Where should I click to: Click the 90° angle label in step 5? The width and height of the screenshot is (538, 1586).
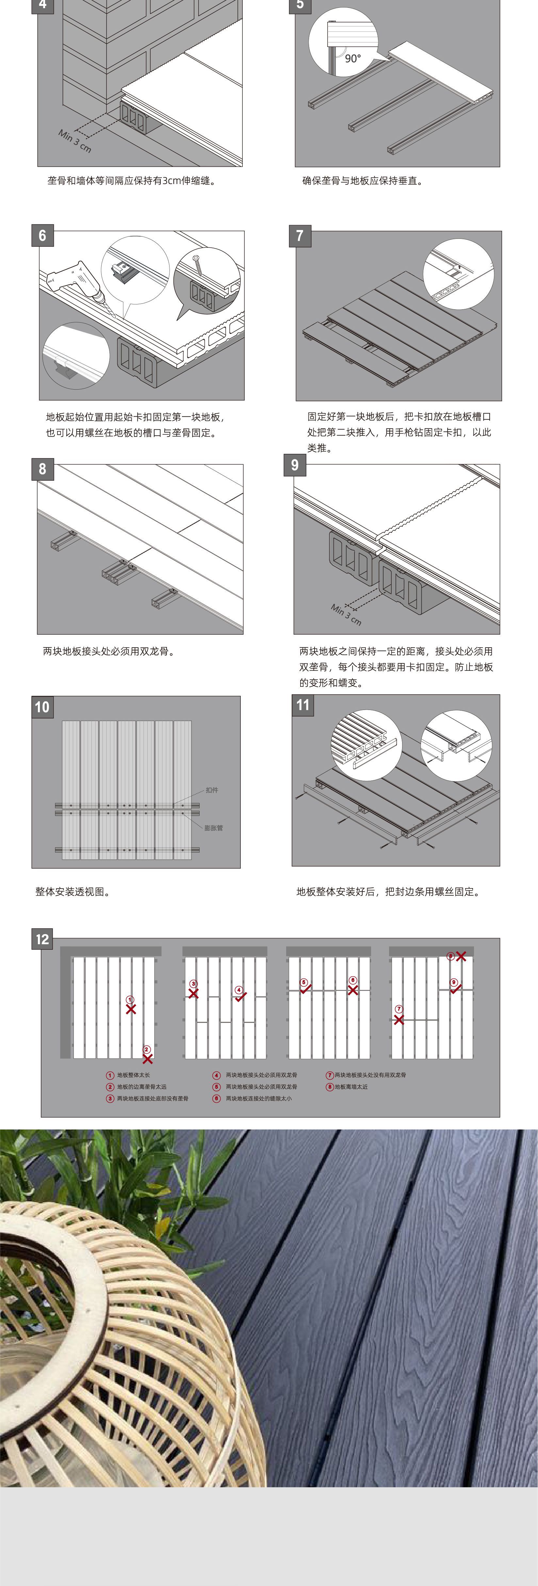click(x=352, y=58)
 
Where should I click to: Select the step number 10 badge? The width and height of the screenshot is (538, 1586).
click(x=42, y=707)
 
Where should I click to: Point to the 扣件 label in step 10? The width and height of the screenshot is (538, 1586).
click(x=211, y=790)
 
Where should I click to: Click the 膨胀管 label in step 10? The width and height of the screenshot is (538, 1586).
click(x=213, y=828)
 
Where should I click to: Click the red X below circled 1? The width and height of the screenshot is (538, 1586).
click(x=131, y=1009)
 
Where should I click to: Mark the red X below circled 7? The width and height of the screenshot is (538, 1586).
click(x=399, y=1020)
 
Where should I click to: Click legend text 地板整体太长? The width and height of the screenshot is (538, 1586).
click(x=134, y=1075)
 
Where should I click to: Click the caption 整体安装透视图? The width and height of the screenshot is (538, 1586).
click(x=72, y=891)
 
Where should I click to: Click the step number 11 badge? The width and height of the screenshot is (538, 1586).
click(x=302, y=705)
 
